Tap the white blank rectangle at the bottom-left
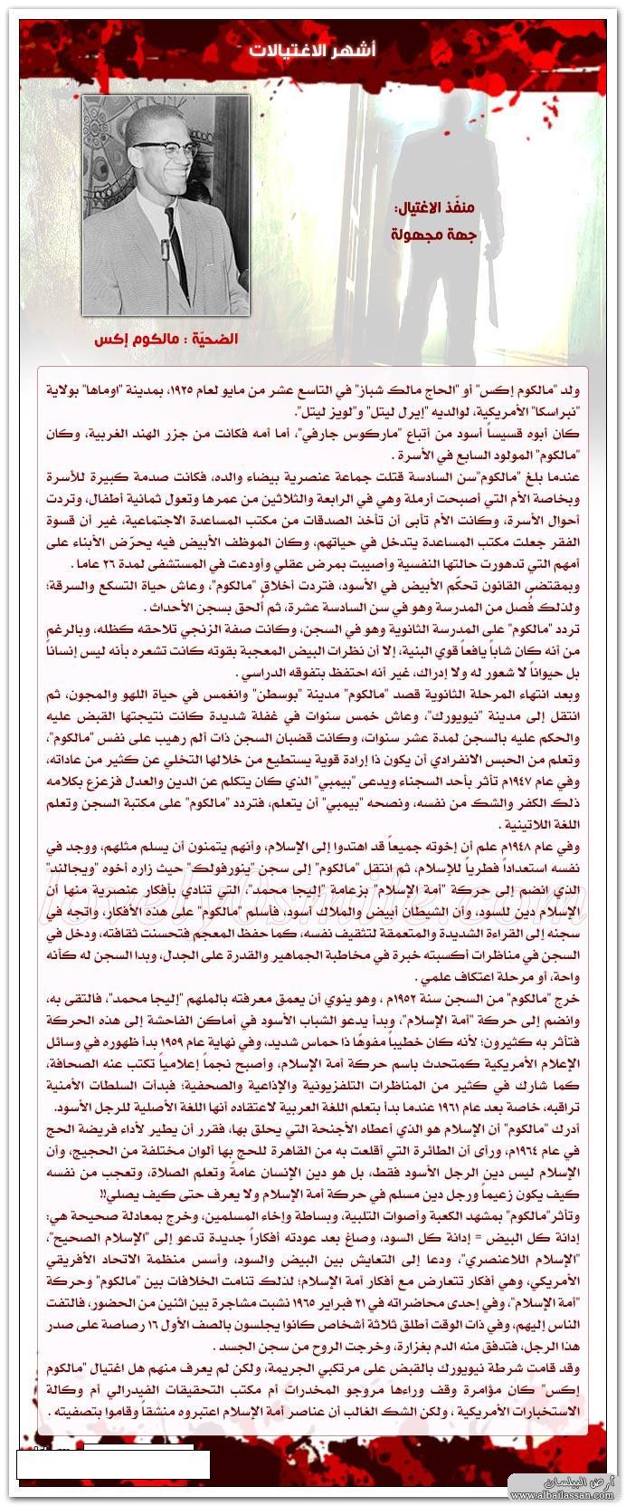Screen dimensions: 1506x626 [x=113, y=1463]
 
